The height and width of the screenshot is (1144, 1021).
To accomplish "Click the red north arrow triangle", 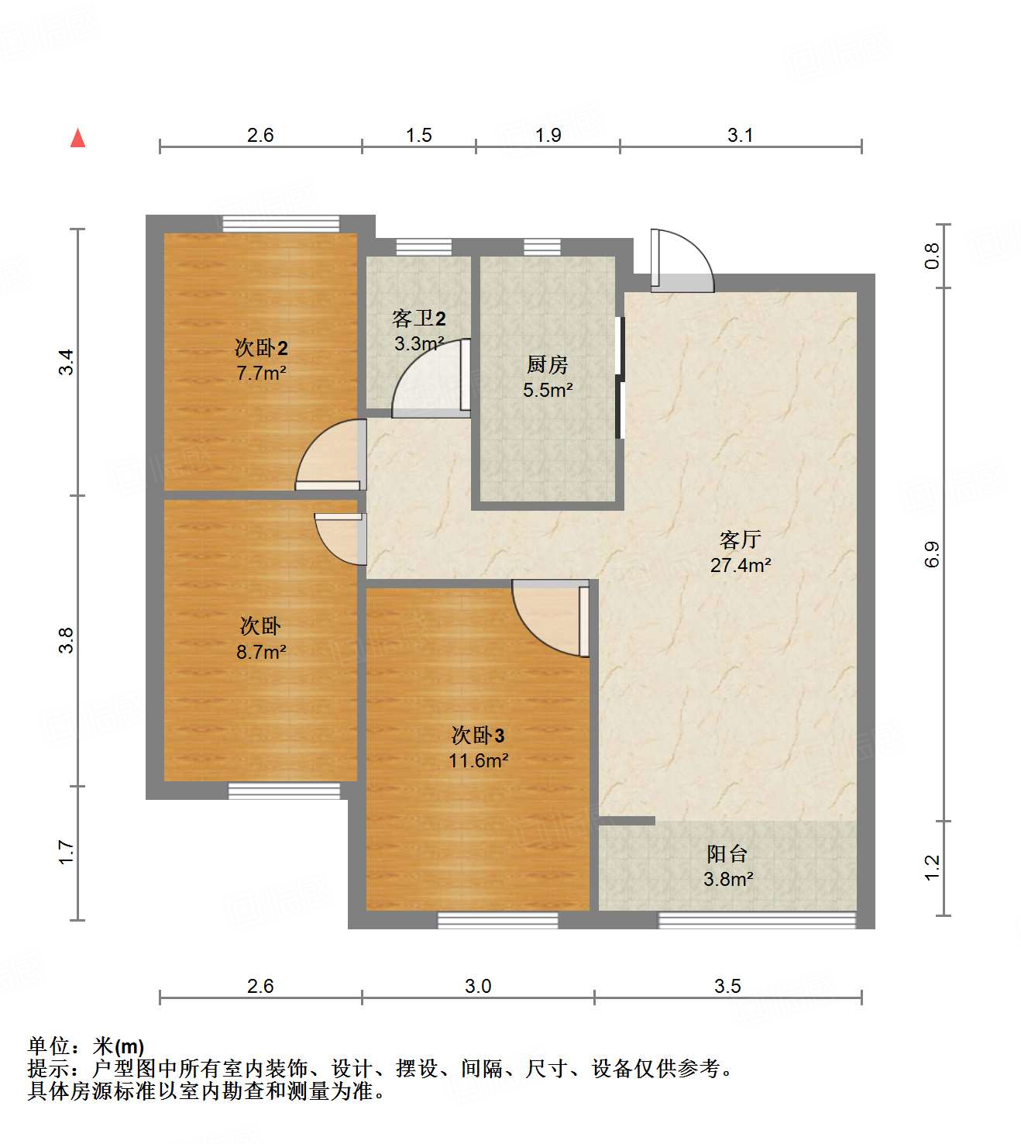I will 77,138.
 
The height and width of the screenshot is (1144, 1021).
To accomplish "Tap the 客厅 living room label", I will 740,539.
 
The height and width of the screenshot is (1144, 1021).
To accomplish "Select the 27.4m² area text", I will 740,566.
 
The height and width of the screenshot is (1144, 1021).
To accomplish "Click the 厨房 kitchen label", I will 548,364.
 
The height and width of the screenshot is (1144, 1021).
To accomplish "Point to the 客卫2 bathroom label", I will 419,319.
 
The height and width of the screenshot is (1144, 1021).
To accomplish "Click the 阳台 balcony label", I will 727,854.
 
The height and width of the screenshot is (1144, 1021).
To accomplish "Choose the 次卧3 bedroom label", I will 478,735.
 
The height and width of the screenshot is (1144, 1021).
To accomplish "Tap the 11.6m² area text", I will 478,761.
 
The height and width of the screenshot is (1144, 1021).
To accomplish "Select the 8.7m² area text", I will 261,653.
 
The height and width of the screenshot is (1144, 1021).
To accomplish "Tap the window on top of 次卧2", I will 280,224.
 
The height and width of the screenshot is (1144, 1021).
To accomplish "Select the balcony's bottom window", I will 757,920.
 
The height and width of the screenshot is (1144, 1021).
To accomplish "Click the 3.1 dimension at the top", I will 740,136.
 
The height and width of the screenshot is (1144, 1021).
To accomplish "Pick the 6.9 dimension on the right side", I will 931,554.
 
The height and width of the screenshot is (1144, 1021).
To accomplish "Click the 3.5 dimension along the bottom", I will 727,986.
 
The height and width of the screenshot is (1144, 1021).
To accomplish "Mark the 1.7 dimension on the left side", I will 67,853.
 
